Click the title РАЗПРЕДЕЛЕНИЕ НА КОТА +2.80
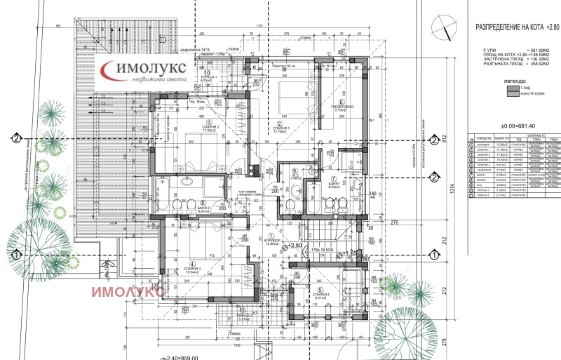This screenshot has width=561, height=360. (x=517, y=27)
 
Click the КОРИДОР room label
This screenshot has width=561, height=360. (x=273, y=241)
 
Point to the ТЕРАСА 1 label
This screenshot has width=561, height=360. (x=206, y=77)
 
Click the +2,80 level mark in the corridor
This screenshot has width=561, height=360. (x=295, y=246)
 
